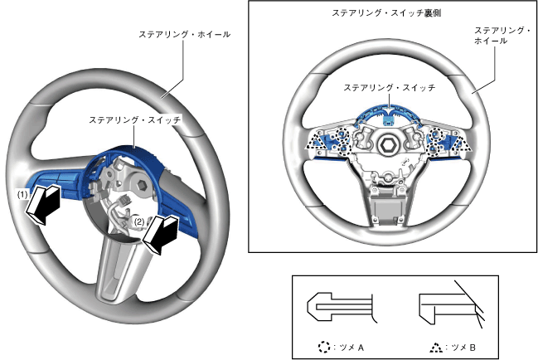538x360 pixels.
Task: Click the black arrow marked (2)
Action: click(x=162, y=233)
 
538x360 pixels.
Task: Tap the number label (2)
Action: click(x=139, y=222)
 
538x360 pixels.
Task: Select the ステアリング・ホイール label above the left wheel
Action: click(x=184, y=35)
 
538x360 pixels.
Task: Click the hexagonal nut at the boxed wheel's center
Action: click(x=387, y=147)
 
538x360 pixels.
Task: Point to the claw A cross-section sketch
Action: click(x=340, y=308)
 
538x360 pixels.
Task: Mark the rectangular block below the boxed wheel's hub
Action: click(x=387, y=202)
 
